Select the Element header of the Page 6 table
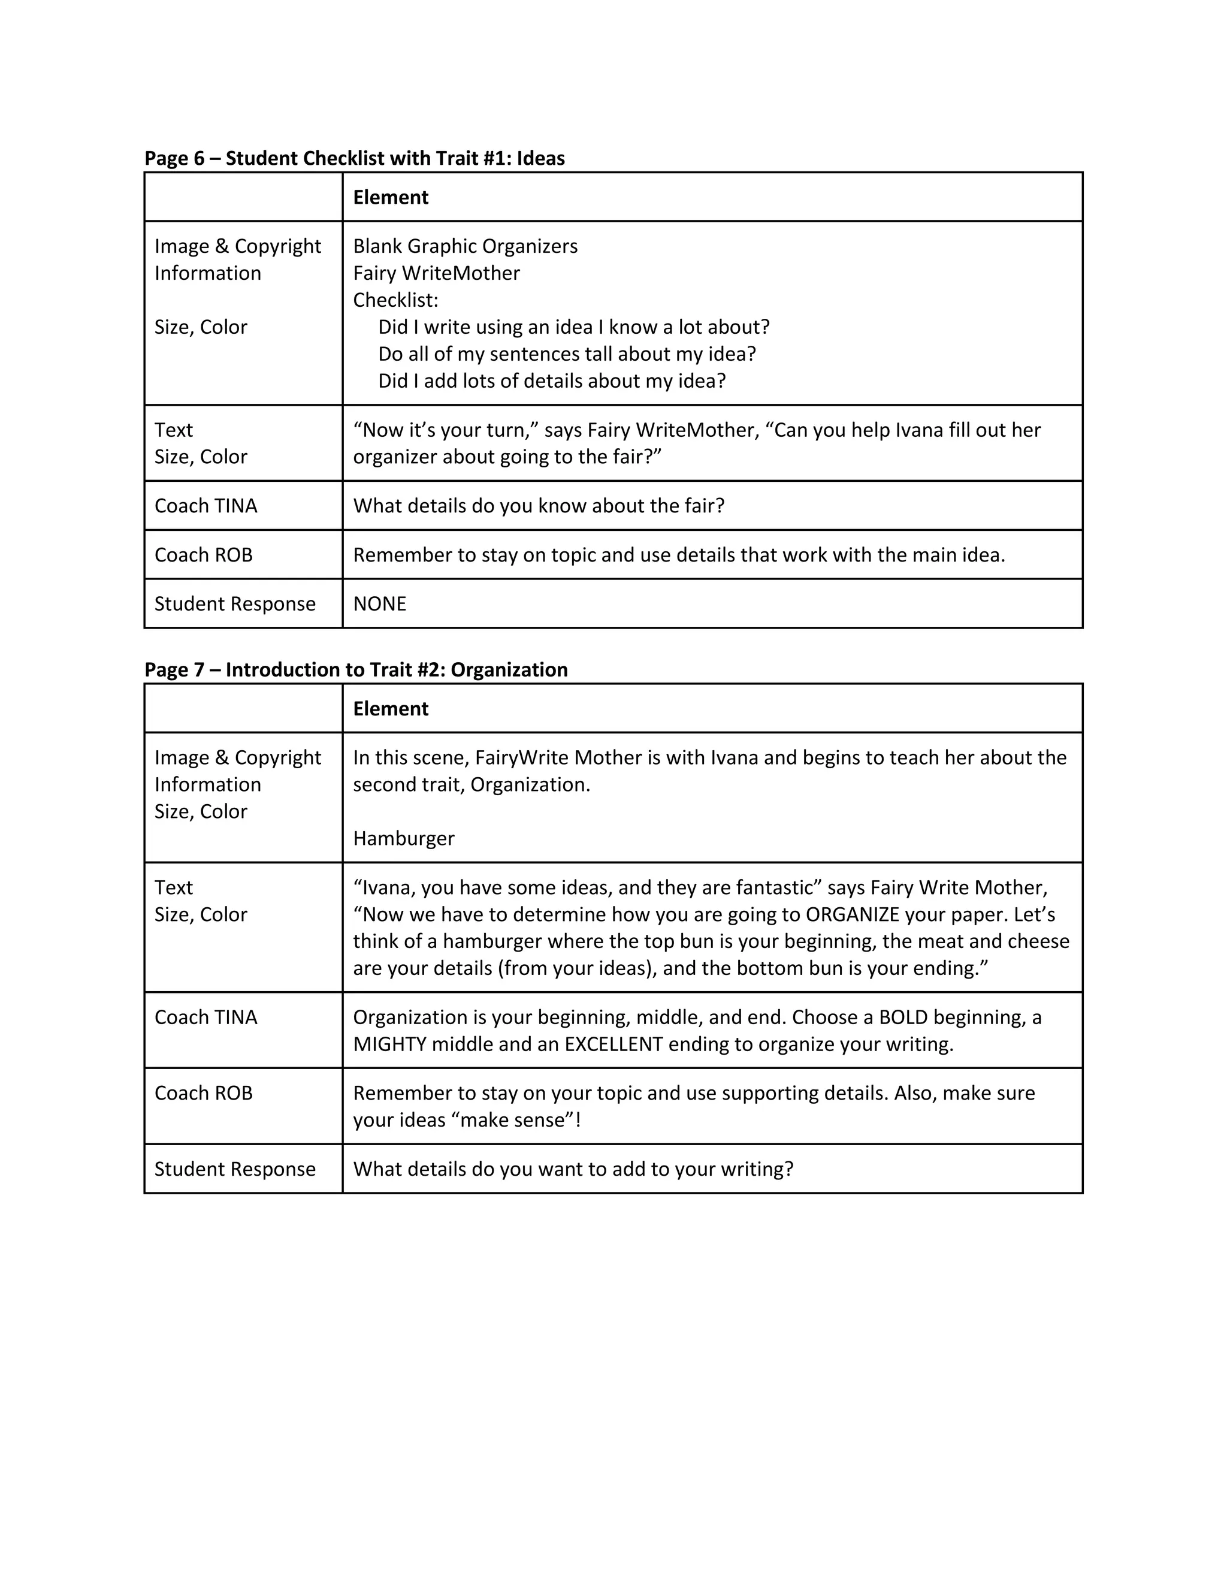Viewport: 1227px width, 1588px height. [x=391, y=197]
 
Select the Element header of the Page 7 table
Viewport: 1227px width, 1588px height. [x=391, y=708]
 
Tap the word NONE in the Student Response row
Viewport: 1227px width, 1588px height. [x=379, y=603]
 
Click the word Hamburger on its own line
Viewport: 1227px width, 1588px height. [x=403, y=838]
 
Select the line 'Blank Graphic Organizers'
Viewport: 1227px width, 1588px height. [x=465, y=246]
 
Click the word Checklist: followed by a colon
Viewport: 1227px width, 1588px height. [x=395, y=300]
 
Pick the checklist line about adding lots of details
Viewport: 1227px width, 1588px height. [x=552, y=381]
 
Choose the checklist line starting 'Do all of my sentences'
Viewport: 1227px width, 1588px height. [x=567, y=354]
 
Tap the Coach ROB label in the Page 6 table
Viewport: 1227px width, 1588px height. [x=204, y=555]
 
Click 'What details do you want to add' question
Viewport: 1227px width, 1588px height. [x=573, y=1169]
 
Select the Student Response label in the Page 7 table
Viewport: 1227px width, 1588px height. [x=235, y=1169]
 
